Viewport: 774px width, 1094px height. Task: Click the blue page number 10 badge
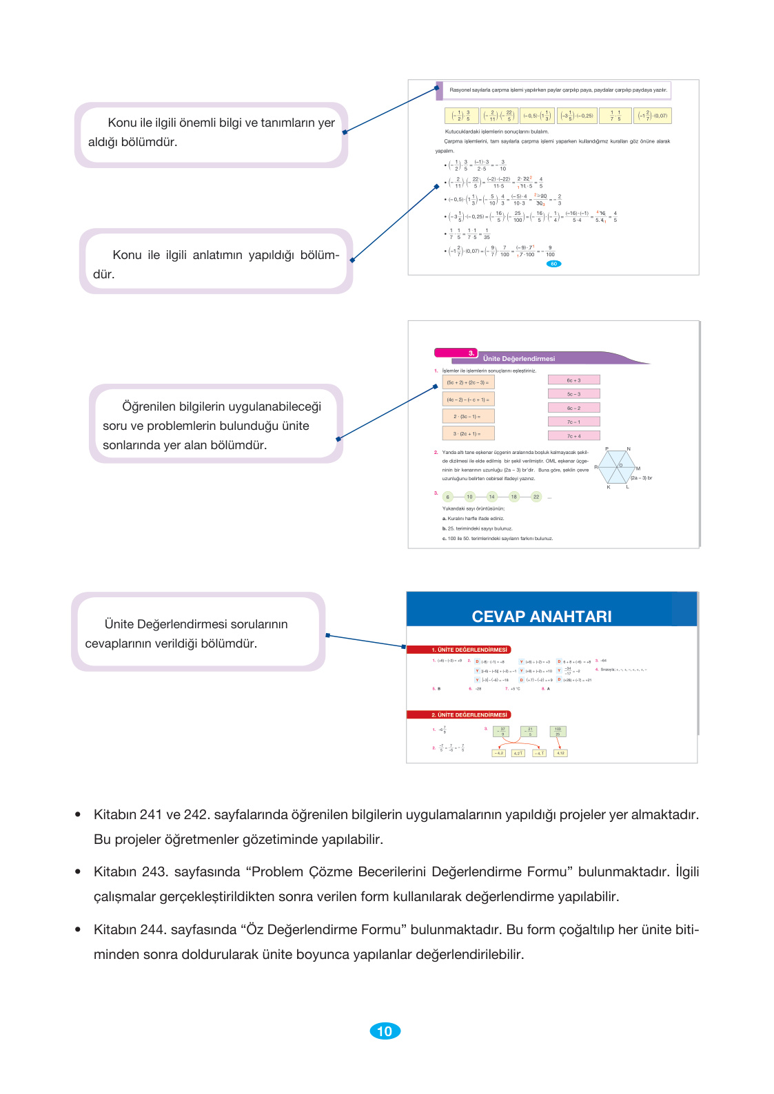point(385,1031)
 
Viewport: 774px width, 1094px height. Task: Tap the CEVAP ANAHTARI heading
point(541,617)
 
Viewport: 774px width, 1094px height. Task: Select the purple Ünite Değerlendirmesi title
point(519,359)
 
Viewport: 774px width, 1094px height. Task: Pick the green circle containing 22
point(536,497)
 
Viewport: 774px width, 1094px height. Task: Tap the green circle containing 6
point(448,497)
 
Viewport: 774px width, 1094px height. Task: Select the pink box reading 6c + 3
point(573,380)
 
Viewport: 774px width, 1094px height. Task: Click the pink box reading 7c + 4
point(573,435)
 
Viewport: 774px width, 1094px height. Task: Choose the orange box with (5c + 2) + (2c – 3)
point(468,382)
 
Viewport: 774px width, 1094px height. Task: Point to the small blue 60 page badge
point(553,264)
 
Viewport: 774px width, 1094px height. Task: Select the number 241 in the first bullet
point(150,814)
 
